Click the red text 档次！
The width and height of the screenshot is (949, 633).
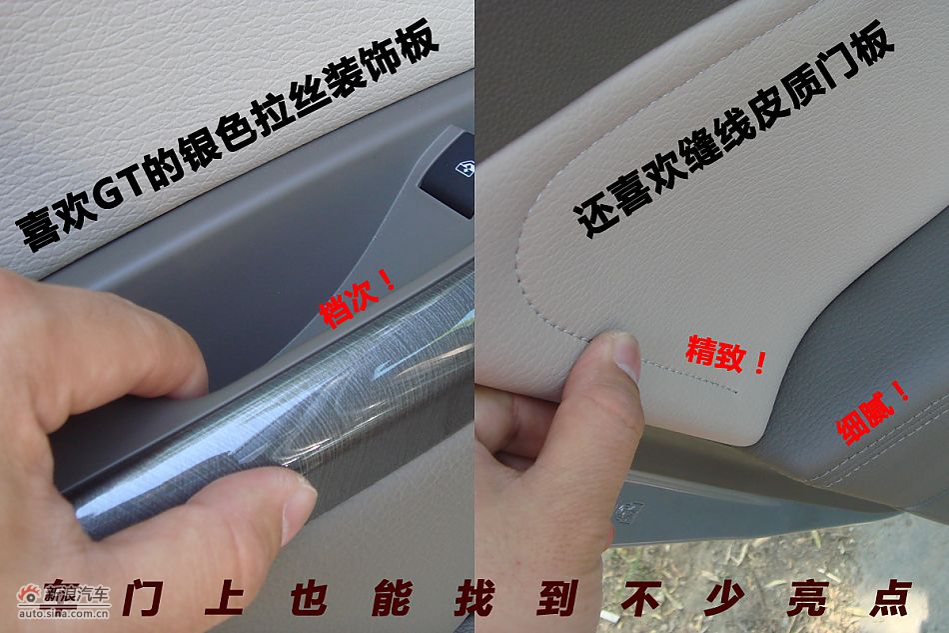358,296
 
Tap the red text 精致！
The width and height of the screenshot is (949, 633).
726,353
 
